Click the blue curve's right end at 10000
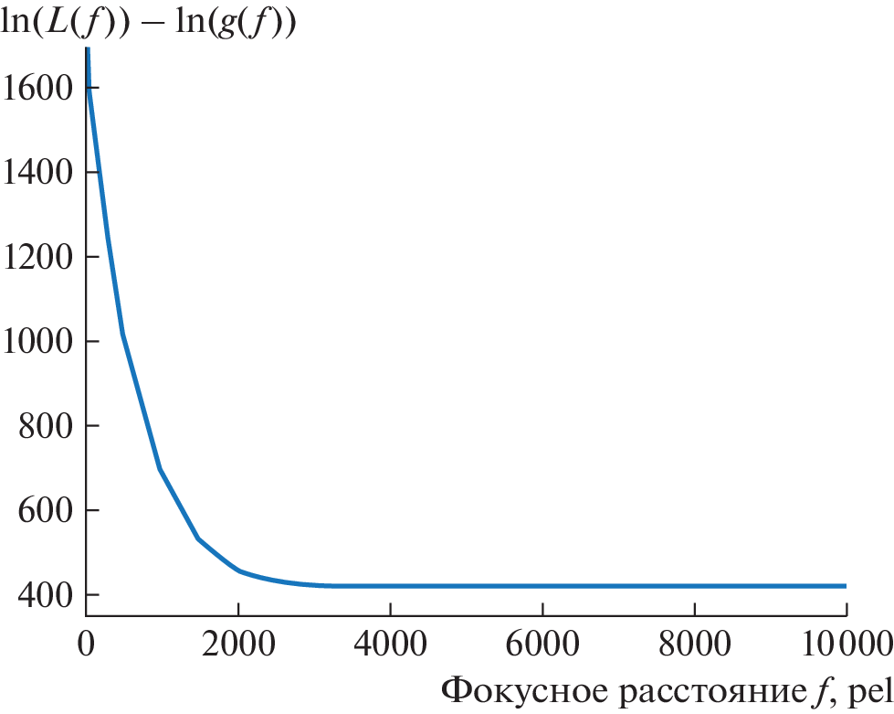pos(845,586)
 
